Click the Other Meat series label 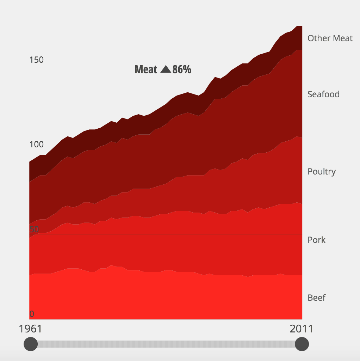pyautogui.click(x=330, y=38)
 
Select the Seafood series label pyautogui.click(x=323, y=94)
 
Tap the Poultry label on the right pyautogui.click(x=322, y=172)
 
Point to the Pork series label pyautogui.click(x=317, y=240)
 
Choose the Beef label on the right pyautogui.click(x=317, y=298)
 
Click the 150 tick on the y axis pyautogui.click(x=36, y=60)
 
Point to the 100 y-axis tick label pyautogui.click(x=36, y=145)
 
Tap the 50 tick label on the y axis pyautogui.click(x=34, y=229)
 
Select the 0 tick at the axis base pyautogui.click(x=32, y=314)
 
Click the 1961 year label pyautogui.click(x=30, y=329)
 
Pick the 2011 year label pyautogui.click(x=301, y=329)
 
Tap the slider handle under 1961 pyautogui.click(x=31, y=344)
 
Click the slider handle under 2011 pyautogui.click(x=302, y=344)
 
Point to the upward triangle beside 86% pyautogui.click(x=166, y=69)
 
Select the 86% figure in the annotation pyautogui.click(x=182, y=69)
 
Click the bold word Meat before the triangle pyautogui.click(x=146, y=69)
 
